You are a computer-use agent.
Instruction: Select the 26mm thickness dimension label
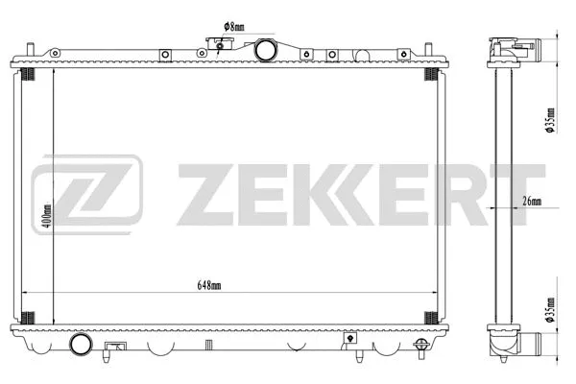click(x=531, y=201)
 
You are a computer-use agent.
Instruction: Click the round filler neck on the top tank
click(x=266, y=49)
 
